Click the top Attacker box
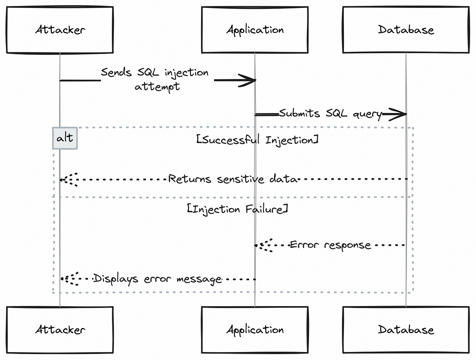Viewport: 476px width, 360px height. (x=59, y=30)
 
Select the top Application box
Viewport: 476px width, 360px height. (x=255, y=30)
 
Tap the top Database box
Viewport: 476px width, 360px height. (x=406, y=30)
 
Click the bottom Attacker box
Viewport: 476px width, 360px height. (x=59, y=329)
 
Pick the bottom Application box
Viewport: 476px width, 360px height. (x=255, y=329)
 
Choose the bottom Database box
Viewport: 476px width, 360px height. (x=406, y=329)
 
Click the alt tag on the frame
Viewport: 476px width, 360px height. (x=65, y=138)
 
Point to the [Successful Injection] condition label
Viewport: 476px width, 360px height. (x=257, y=140)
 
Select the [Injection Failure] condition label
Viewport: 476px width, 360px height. (x=237, y=209)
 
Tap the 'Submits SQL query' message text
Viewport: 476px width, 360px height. (x=330, y=113)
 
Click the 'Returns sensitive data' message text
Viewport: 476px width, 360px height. (x=233, y=179)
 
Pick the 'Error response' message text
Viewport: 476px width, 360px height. (x=330, y=245)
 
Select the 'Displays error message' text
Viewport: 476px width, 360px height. (x=157, y=279)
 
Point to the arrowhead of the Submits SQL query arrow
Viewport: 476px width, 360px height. (x=399, y=114)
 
